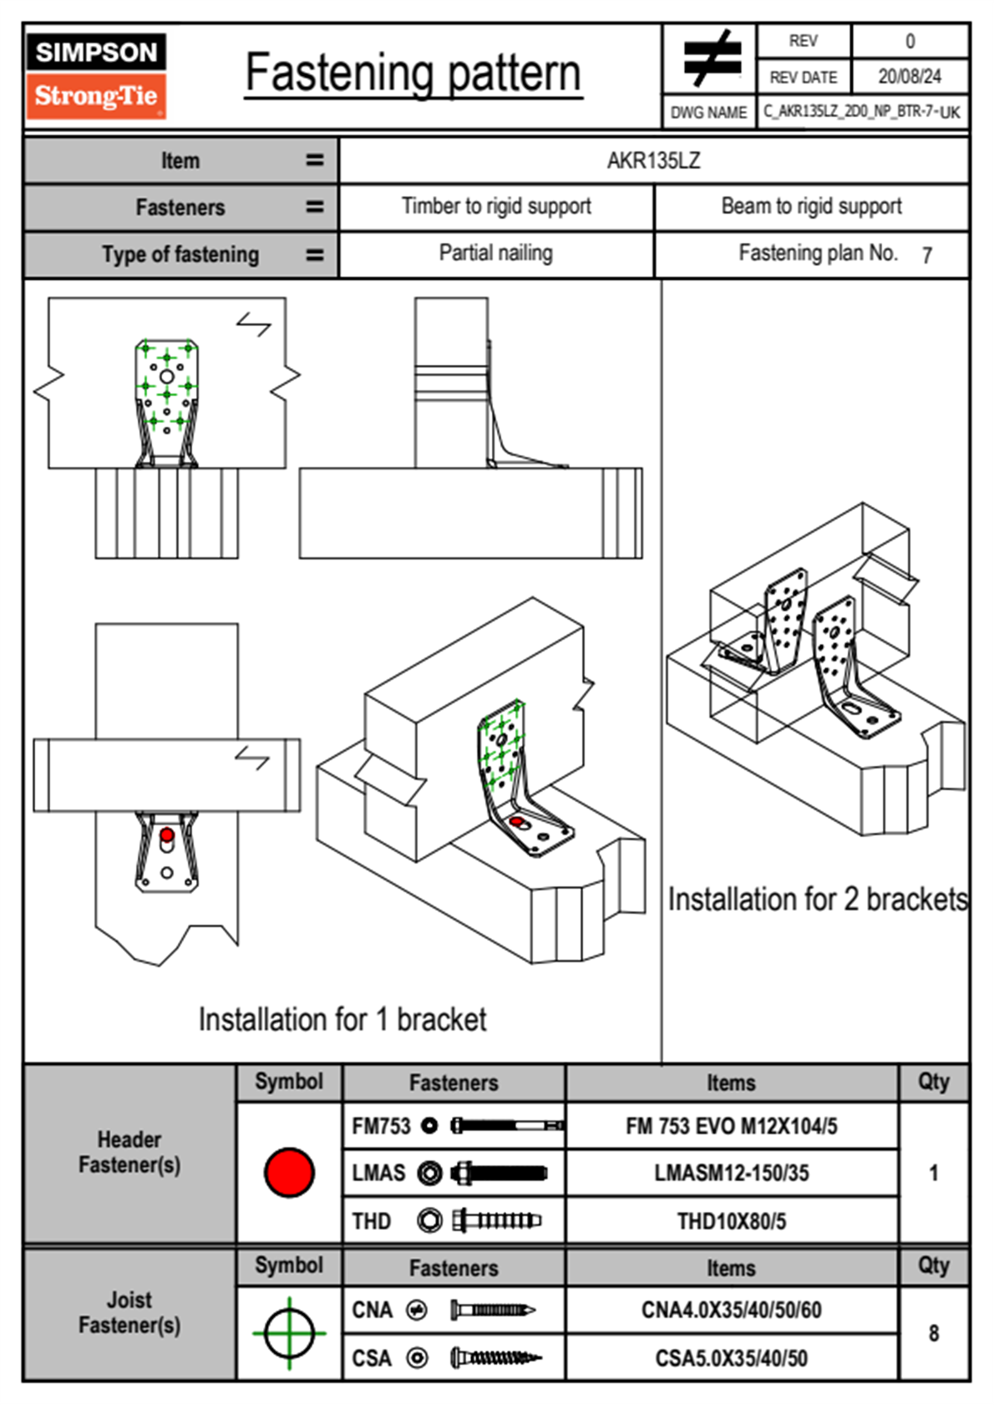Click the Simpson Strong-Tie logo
coord(96,76)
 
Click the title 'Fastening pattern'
coord(413,74)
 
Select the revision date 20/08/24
coord(909,77)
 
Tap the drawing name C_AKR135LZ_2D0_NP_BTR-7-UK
coord(861,112)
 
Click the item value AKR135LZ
coord(653,160)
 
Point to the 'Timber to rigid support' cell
coord(496,206)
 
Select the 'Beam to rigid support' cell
coord(811,206)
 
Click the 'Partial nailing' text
coord(496,253)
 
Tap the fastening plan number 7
coord(926,256)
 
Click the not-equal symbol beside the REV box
coord(711,59)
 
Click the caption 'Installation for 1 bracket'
coord(342,1020)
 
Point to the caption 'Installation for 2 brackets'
coord(817,900)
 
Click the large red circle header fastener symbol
coord(289,1173)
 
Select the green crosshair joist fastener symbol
coord(289,1333)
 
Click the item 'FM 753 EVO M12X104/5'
coord(731,1127)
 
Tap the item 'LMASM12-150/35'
coord(731,1174)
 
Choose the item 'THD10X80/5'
coord(731,1221)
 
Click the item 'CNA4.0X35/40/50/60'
coord(731,1310)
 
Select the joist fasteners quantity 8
coord(933,1333)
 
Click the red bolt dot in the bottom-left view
coord(167,835)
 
